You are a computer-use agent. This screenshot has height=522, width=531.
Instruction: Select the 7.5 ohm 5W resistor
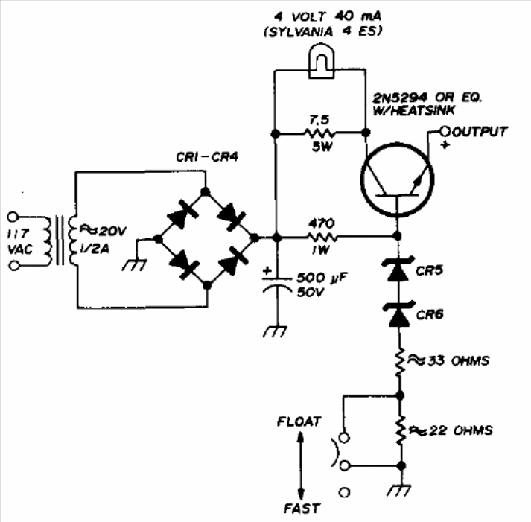320,133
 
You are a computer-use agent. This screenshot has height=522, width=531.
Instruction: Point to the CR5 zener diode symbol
398,270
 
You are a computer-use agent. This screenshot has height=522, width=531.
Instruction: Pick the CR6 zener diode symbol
399,314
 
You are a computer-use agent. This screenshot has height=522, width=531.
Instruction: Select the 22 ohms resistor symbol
401,430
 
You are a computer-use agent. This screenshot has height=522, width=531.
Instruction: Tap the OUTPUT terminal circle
445,131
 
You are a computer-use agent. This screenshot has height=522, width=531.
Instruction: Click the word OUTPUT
480,131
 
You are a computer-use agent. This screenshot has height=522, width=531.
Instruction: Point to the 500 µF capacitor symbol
277,284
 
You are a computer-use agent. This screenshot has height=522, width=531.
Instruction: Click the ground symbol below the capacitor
275,331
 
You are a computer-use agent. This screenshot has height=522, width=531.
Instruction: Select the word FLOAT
299,421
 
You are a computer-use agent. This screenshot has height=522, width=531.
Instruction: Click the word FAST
302,509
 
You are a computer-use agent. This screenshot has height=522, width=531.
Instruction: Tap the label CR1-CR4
207,157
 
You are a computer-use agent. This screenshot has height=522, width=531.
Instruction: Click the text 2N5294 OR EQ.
427,98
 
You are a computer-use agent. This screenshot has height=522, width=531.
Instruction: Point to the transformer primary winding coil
46,241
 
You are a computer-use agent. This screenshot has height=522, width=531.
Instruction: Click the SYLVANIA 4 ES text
323,31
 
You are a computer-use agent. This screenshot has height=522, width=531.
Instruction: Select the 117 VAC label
20,241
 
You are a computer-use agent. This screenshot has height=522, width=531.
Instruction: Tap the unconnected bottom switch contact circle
344,492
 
